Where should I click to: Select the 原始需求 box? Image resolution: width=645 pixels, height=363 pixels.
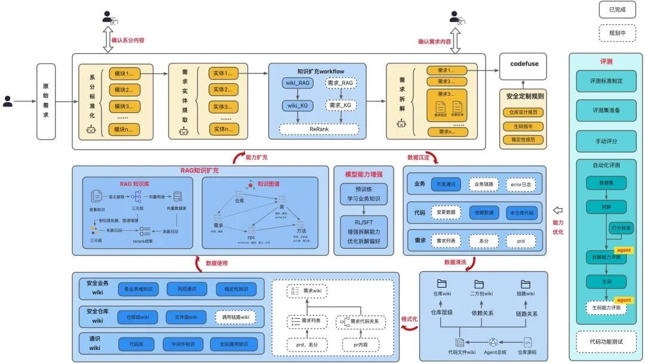pyautogui.click(x=46, y=102)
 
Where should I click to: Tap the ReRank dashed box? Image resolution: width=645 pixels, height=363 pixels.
pyautogui.click(x=319, y=129)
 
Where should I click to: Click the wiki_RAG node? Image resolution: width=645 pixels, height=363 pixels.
pyautogui.click(x=298, y=83)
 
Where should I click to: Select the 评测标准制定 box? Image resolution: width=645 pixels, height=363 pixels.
pyautogui.click(x=606, y=81)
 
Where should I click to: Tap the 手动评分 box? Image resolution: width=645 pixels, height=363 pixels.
pyautogui.click(x=606, y=141)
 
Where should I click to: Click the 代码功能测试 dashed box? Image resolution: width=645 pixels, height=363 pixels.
pyautogui.click(x=606, y=341)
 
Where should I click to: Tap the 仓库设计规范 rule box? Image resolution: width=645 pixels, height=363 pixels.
pyautogui.click(x=523, y=112)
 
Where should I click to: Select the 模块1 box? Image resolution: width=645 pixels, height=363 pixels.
pyautogui.click(x=124, y=74)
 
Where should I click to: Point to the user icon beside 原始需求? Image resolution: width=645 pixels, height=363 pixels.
pyautogui.click(x=8, y=101)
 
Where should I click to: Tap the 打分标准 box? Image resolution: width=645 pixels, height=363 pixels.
pyautogui.click(x=621, y=228)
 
